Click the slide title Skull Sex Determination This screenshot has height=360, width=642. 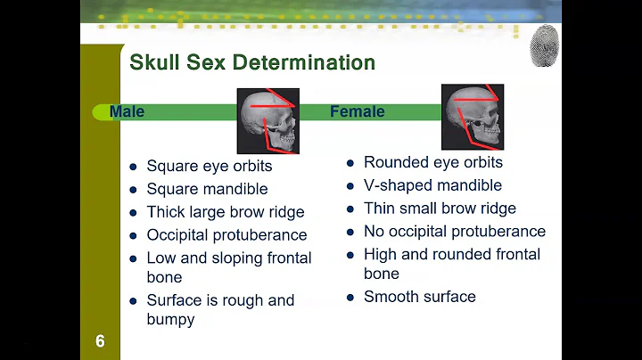[252, 62]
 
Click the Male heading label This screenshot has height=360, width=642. [127, 112]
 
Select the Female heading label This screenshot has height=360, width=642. [357, 112]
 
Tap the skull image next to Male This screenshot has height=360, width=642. [267, 120]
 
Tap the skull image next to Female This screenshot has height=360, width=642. [473, 116]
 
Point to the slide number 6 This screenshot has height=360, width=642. [100, 341]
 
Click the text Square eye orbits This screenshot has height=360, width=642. [210, 166]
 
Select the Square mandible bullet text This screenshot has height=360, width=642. [207, 189]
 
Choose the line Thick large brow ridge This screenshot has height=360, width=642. [226, 212]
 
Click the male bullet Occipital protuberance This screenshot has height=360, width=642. [226, 235]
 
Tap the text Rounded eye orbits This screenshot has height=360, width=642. [432, 162]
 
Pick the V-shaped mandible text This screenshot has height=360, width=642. [432, 185]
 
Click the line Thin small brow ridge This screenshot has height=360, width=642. [440, 209]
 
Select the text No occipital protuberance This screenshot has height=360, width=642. [454, 232]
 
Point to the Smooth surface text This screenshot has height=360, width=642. [419, 297]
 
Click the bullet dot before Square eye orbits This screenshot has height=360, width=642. [133, 167]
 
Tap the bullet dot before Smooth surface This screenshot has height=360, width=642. [350, 298]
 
